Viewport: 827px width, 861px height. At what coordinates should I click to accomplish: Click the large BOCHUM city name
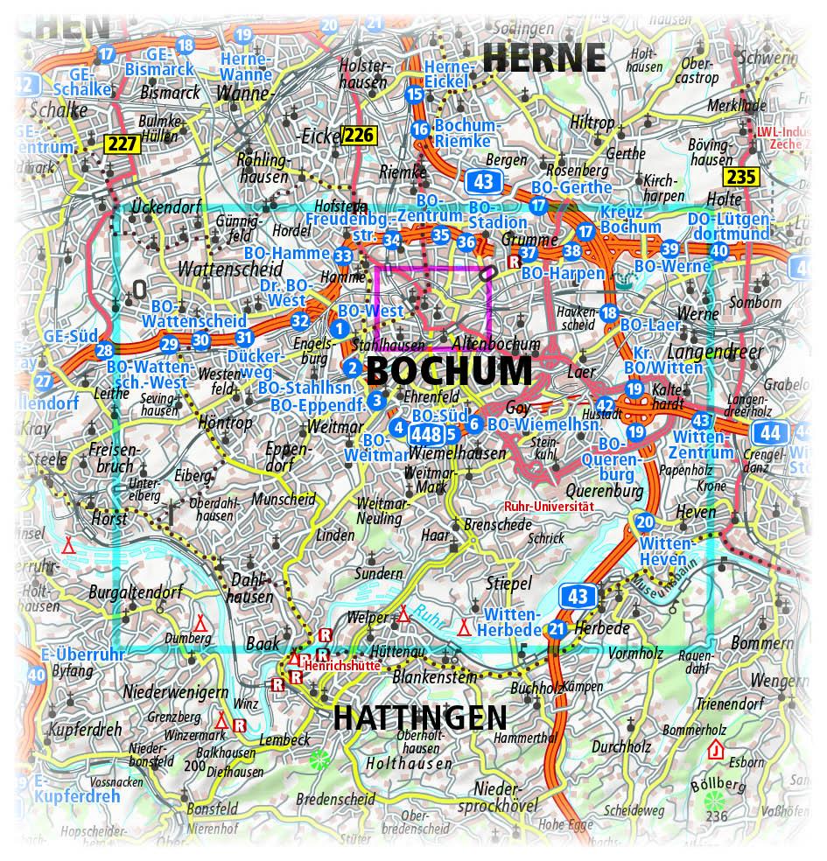tap(448, 371)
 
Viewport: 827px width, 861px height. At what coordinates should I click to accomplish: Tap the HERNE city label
tap(543, 58)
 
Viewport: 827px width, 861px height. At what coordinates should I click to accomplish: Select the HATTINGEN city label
tap(420, 717)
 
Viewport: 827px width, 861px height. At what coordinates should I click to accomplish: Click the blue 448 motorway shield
tap(426, 433)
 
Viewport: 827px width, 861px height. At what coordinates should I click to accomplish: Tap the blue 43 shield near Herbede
tap(578, 597)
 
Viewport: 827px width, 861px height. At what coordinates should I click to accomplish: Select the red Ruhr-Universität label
tap(549, 506)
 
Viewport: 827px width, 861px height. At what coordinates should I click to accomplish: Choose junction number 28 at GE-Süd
tap(104, 351)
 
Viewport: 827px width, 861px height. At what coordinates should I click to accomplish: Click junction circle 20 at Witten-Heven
tap(645, 522)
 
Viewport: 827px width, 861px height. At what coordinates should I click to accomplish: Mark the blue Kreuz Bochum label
tap(630, 220)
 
